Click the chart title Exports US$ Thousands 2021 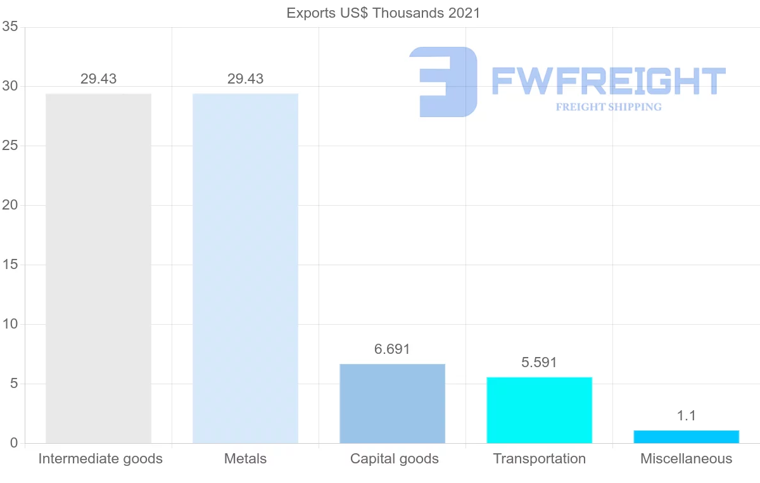click(x=383, y=13)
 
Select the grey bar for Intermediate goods click(x=98, y=268)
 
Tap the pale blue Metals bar click(x=245, y=268)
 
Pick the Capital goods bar click(x=392, y=403)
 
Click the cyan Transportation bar click(x=539, y=410)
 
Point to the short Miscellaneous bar click(x=686, y=437)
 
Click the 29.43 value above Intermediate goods click(x=98, y=79)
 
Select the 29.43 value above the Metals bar click(x=245, y=79)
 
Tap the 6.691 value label click(x=392, y=349)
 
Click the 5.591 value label click(x=539, y=363)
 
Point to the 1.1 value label click(x=686, y=416)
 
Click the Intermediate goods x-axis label click(x=100, y=459)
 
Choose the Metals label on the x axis click(x=245, y=459)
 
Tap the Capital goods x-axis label click(x=394, y=459)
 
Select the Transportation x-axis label click(x=539, y=459)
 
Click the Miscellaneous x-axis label click(x=686, y=459)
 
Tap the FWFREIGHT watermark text click(x=608, y=81)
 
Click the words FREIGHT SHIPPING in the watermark click(x=608, y=107)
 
